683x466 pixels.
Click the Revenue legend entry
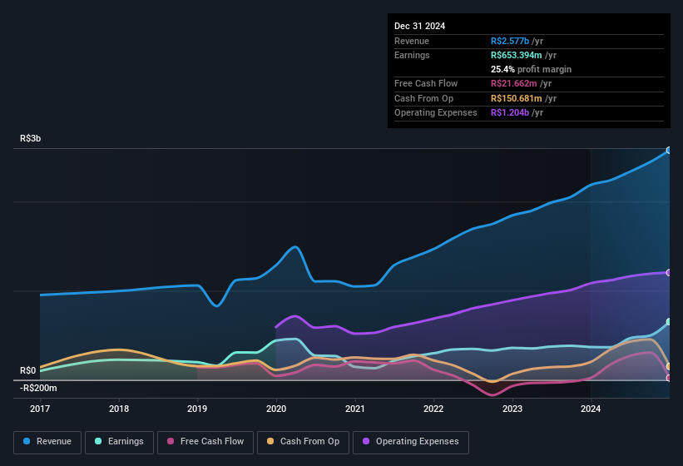48,442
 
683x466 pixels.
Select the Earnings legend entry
119,442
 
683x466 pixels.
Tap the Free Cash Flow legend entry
205,442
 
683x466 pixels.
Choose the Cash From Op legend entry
303,442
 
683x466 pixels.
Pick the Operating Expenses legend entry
411,442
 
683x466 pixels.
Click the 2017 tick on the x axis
40,409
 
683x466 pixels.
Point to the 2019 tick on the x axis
197,409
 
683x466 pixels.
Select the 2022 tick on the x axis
433,409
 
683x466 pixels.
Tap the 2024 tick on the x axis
591,409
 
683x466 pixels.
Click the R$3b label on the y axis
31,139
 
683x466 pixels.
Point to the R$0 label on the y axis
28,370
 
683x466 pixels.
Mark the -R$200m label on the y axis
38,388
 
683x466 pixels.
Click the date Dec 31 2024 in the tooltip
419,26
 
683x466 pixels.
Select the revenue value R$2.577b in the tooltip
517,41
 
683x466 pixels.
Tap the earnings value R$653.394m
523,55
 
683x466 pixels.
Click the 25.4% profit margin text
531,69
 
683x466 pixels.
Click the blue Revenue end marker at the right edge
669,151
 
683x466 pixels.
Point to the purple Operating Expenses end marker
669,273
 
